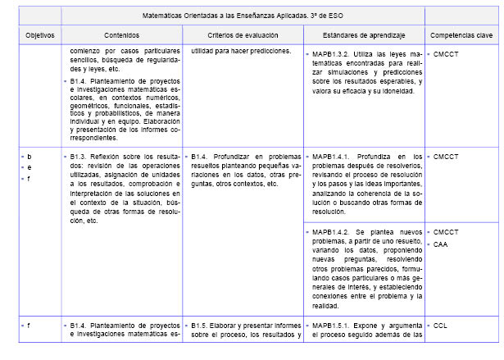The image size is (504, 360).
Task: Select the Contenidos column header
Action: click(121, 36)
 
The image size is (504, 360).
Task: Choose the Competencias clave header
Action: click(461, 36)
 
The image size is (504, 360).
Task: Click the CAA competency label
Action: click(441, 244)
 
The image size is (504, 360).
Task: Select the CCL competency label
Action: click(440, 326)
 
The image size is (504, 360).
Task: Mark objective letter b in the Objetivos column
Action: click(30, 156)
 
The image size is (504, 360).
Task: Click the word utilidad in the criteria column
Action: click(205, 52)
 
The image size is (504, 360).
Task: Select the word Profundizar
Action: click(239, 156)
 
